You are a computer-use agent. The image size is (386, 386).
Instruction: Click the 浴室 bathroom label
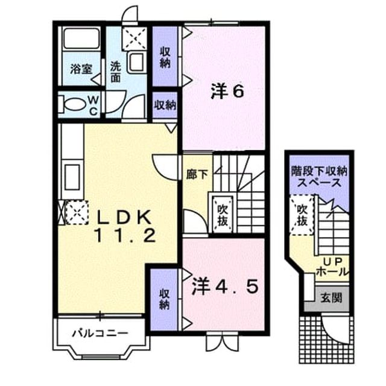pos(81,69)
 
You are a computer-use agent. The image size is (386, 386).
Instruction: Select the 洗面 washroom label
pos(115,71)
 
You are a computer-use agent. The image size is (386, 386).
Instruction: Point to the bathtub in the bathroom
pos(81,39)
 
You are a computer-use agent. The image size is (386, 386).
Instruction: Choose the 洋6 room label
pos(227,92)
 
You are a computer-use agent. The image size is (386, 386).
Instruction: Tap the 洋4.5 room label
pos(225,286)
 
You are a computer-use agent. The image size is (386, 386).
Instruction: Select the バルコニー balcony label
pos(100,334)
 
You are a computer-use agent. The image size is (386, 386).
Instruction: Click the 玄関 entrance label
pos(331,298)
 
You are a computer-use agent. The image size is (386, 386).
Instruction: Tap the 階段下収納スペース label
pos(319,177)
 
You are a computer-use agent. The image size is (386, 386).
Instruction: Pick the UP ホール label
pos(332,267)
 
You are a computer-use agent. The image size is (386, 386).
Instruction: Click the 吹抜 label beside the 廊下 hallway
pos(223,215)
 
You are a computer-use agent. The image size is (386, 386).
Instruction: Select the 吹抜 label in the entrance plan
pos(302,215)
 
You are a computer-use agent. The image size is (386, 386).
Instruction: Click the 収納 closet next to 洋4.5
pos(164,300)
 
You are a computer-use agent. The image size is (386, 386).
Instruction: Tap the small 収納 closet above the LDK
pos(165,105)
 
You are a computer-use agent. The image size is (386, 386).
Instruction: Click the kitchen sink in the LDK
pos(72,177)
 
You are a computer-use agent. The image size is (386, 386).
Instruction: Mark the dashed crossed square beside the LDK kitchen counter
pos(77,213)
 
